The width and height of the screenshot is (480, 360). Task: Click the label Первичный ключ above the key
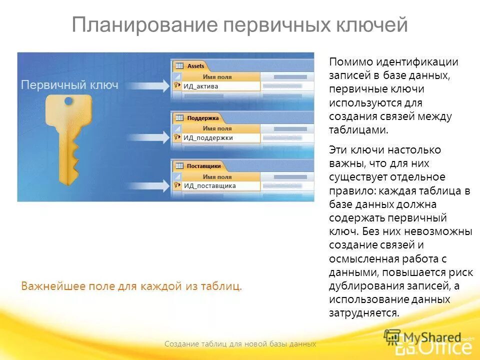click(69, 85)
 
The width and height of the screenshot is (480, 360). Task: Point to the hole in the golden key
click(68, 101)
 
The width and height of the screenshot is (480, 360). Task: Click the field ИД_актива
click(201, 86)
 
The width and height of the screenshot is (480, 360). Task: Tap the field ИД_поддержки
click(208, 137)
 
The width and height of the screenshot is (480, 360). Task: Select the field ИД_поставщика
click(209, 185)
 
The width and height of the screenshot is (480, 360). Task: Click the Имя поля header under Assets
click(217, 77)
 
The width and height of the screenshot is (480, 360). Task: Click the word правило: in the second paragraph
click(352, 190)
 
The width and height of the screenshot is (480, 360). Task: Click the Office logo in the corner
click(433, 345)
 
